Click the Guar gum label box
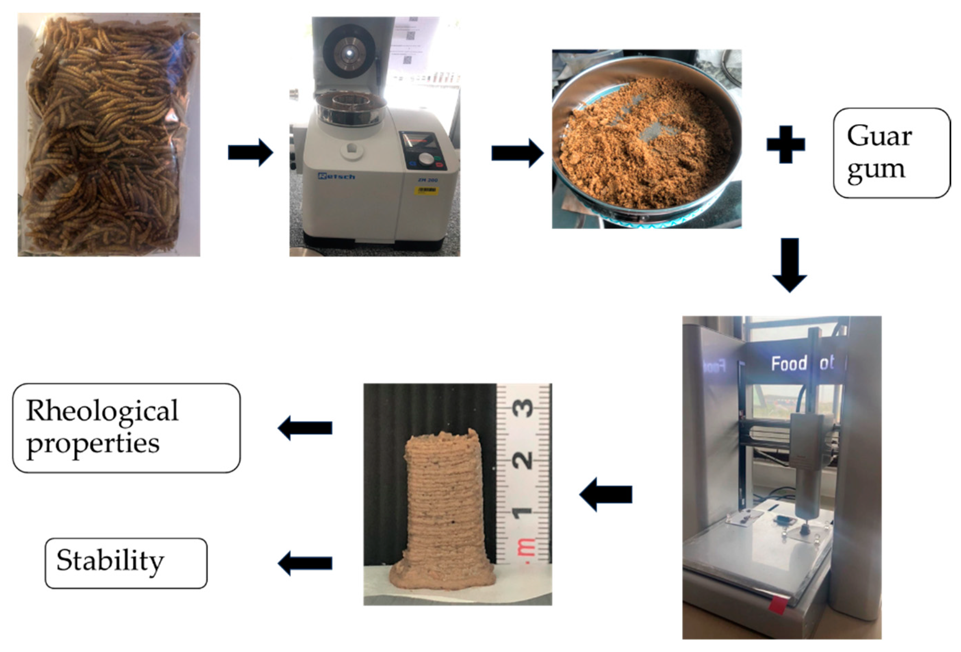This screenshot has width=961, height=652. tap(891, 153)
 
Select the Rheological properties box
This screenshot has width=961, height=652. tap(126, 428)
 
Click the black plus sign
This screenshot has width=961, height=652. tap(786, 144)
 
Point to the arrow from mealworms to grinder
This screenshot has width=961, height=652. tap(251, 153)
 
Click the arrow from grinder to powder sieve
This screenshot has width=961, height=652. tap(517, 153)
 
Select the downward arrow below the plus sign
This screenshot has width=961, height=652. tap(790, 265)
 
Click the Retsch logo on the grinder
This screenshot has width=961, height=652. tap(336, 177)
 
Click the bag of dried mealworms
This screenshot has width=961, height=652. tap(109, 135)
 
